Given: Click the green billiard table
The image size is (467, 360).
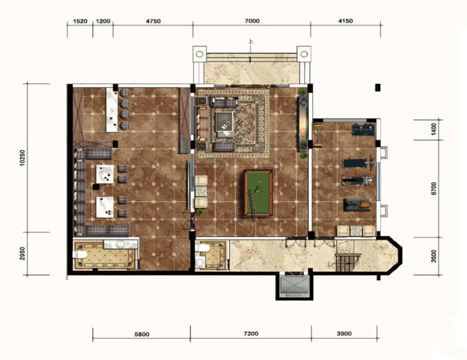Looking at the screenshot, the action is pos(258,193).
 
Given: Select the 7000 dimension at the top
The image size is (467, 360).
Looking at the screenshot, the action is pos(252,21).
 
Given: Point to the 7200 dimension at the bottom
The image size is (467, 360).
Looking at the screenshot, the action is pos(251,333).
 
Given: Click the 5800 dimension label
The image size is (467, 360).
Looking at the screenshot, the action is pos(142,334).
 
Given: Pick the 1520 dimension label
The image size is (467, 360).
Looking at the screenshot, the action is pos(80,21).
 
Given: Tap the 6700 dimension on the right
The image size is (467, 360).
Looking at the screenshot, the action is pos(433,189).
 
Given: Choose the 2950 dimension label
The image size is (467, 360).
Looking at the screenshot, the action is pos(23,253).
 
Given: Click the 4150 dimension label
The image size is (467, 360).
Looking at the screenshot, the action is pos(345,21).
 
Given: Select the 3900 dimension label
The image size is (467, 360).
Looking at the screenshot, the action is pos(344,333).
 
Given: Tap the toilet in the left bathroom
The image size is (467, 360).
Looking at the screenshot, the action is pos(80,255).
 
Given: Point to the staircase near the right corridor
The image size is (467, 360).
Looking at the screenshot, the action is pos(349,262).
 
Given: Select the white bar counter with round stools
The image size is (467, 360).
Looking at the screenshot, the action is pos(112,109).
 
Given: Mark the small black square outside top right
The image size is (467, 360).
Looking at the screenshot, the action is pos(378,87).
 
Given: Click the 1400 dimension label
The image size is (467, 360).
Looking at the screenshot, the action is pos(433,129).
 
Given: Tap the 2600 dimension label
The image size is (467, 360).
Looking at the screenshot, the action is pos(433,256).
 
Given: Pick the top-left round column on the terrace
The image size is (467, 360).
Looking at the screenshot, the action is pos(199,54).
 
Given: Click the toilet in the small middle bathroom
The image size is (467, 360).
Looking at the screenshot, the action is pos(203,248).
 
